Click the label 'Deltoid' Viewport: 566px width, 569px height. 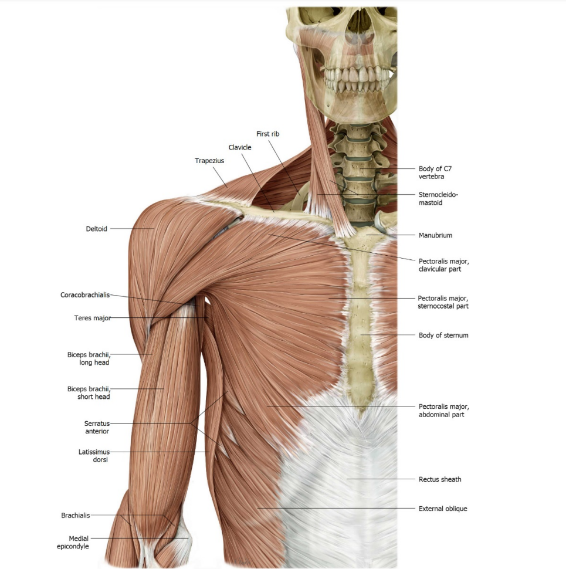pos(97,229)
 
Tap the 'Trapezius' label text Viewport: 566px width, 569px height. pos(209,161)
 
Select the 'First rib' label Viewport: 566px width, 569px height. pos(268,134)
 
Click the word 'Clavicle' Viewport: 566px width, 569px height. pos(240,147)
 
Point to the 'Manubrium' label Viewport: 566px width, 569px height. pos(435,235)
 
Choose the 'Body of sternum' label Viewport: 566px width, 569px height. pos(443,336)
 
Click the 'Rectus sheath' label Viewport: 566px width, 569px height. pos(440,479)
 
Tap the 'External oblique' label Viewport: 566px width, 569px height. pos(443,509)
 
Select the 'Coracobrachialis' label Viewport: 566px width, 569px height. pos(85,295)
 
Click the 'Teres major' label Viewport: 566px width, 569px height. pos(93,318)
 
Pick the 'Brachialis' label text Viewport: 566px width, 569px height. pos(76,515)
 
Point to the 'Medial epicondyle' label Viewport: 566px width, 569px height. pos(73,542)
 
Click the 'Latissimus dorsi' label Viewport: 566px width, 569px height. pos(94,456)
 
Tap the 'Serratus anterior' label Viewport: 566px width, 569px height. pos(97,427)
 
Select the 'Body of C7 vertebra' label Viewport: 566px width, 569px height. pos(435,172)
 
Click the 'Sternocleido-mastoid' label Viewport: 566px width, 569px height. pos(438,198)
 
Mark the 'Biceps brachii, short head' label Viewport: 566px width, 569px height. pos(89,392)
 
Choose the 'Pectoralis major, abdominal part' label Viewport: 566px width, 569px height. pos(444,411)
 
